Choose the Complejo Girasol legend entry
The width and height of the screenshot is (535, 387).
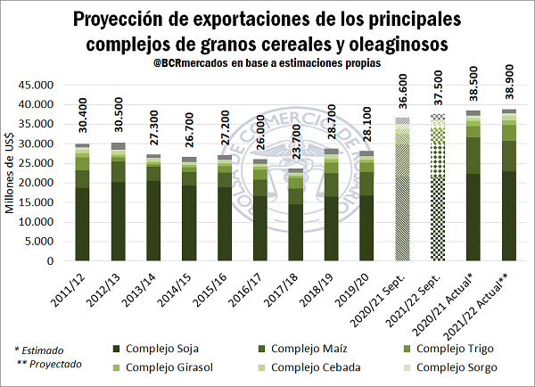coord(161,367)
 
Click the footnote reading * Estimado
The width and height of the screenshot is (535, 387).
coord(41,350)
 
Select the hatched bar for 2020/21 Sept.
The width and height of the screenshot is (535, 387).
coord(402,205)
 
